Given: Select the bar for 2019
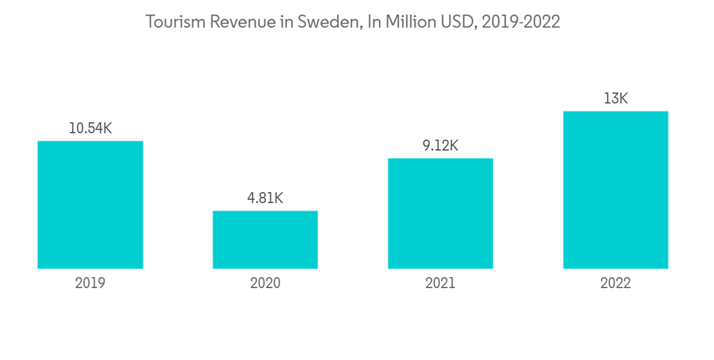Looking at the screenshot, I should coord(90,204).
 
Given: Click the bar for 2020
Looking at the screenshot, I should coord(265,239).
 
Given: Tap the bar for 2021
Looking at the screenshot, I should coord(441,213).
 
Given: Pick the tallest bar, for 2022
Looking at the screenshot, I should coord(615,189).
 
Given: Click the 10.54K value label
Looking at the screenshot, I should coord(90,129).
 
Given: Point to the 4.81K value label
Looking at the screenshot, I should coord(265,199).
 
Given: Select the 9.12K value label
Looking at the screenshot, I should coord(441,146).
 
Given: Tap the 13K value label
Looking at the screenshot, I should coord(615,99).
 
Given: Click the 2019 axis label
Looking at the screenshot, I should coord(90,284).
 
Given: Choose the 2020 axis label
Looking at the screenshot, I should coord(265,284).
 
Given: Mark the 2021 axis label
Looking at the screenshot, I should coord(441,284).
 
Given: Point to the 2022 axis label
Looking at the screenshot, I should coord(615,284).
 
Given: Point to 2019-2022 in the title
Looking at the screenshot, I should coord(522,22).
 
